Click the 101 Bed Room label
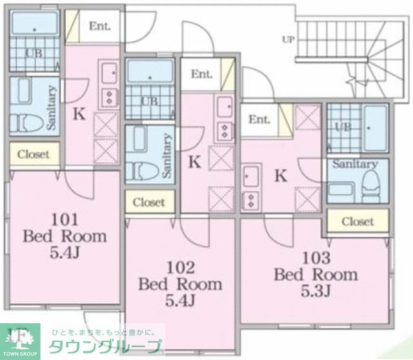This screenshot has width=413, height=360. click(65, 235)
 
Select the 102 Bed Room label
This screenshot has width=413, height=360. click(181, 283)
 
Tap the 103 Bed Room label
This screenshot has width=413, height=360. click(316, 274)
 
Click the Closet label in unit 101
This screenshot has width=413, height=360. click(34, 154)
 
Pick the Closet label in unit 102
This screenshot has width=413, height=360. click(149, 202)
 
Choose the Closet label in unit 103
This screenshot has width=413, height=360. click(358, 221)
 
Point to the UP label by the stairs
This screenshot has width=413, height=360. click(287, 39)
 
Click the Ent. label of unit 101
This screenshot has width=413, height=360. click(99, 26)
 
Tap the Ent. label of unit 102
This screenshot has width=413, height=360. click(201, 74)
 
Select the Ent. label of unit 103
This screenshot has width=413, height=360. click(259, 119)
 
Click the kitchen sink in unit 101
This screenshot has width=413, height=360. click(108, 72)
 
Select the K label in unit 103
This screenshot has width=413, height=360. click(280, 174)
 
